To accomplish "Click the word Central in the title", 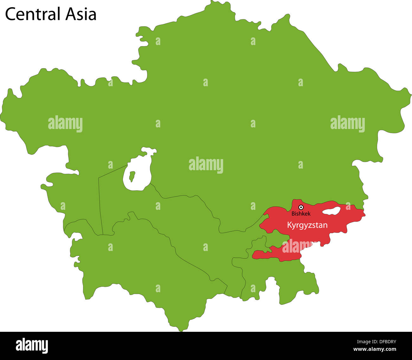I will (33, 15).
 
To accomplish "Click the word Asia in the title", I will (81, 15).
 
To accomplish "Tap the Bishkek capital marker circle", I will (301, 207).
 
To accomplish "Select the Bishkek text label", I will (301, 214).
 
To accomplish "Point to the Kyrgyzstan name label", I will (307, 225).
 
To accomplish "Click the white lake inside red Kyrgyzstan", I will (332, 211).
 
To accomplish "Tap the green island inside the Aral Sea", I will (132, 176).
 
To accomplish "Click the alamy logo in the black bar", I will (32, 346).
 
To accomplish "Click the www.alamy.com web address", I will (375, 349).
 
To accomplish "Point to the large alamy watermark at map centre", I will (206, 165).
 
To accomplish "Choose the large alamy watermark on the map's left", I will (65, 124).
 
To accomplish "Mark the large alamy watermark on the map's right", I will (347, 124).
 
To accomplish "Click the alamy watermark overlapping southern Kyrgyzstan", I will (296, 247).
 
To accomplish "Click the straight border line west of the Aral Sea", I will (100, 206).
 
